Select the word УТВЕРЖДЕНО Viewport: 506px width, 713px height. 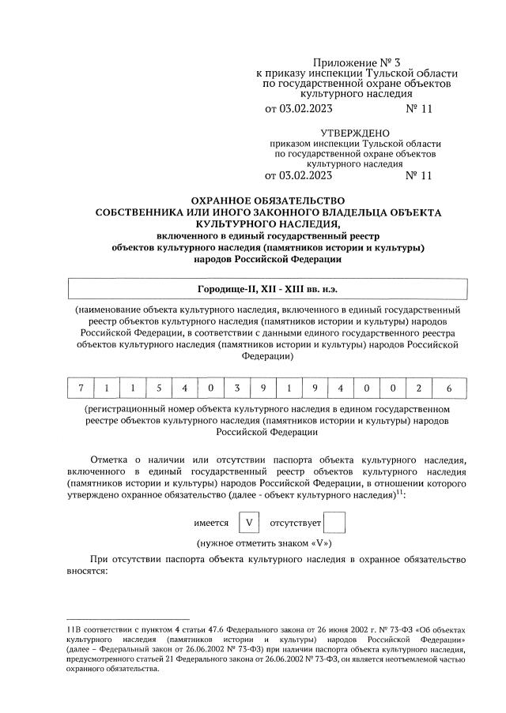(355, 132)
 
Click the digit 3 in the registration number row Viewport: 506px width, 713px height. (236, 388)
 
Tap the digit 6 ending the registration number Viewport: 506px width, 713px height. (448, 388)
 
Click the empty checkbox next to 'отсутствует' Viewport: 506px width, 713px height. (335, 523)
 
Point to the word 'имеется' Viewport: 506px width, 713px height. (211, 523)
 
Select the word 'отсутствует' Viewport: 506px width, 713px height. (296, 523)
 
